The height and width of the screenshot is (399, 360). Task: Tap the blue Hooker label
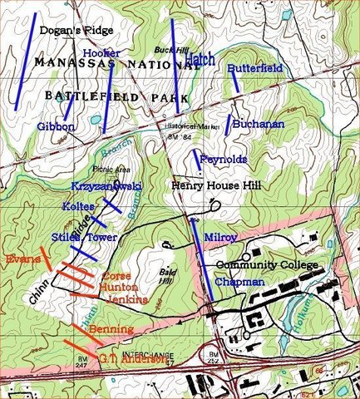click(x=101, y=52)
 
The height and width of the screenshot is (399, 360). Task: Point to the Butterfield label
click(x=254, y=68)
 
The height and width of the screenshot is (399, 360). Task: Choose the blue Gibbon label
click(x=57, y=126)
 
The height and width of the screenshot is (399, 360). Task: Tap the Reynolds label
click(x=223, y=159)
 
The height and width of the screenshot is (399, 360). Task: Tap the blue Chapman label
click(x=239, y=283)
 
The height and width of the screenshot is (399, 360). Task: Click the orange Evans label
click(x=22, y=259)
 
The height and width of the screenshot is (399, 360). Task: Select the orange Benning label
click(x=110, y=330)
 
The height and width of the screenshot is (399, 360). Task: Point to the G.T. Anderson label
click(x=132, y=359)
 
